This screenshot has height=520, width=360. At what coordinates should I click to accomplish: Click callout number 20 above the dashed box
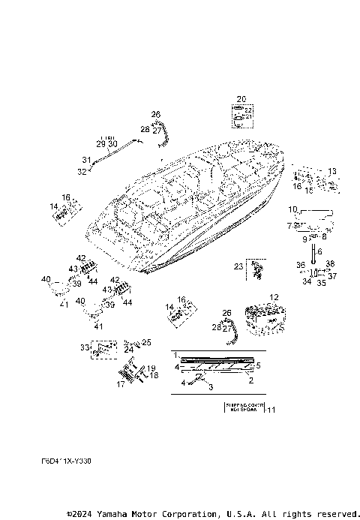[241, 99]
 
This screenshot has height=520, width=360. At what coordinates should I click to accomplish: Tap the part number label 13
[332, 171]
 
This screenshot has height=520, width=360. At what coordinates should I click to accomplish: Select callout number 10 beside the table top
[293, 209]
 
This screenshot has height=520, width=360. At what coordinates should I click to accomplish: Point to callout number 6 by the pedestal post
[319, 251]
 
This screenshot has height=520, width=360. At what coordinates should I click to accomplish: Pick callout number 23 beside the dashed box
[238, 266]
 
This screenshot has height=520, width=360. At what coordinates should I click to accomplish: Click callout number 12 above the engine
[274, 297]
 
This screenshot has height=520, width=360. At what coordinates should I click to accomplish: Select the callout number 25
[146, 342]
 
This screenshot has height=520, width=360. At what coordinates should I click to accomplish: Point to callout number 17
[120, 384]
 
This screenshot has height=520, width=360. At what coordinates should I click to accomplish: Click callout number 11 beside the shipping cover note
[271, 409]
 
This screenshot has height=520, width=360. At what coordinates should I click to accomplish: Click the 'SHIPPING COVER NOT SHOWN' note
[242, 409]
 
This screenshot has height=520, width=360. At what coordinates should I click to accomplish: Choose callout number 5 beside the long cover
[258, 365]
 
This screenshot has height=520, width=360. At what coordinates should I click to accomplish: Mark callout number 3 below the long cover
[211, 387]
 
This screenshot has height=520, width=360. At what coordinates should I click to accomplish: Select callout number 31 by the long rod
[85, 160]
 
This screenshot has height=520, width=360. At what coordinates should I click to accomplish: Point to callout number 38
[330, 264]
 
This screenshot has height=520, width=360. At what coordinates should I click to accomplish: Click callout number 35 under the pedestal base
[321, 284]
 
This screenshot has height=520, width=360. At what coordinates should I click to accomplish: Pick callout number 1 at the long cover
[175, 353]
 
